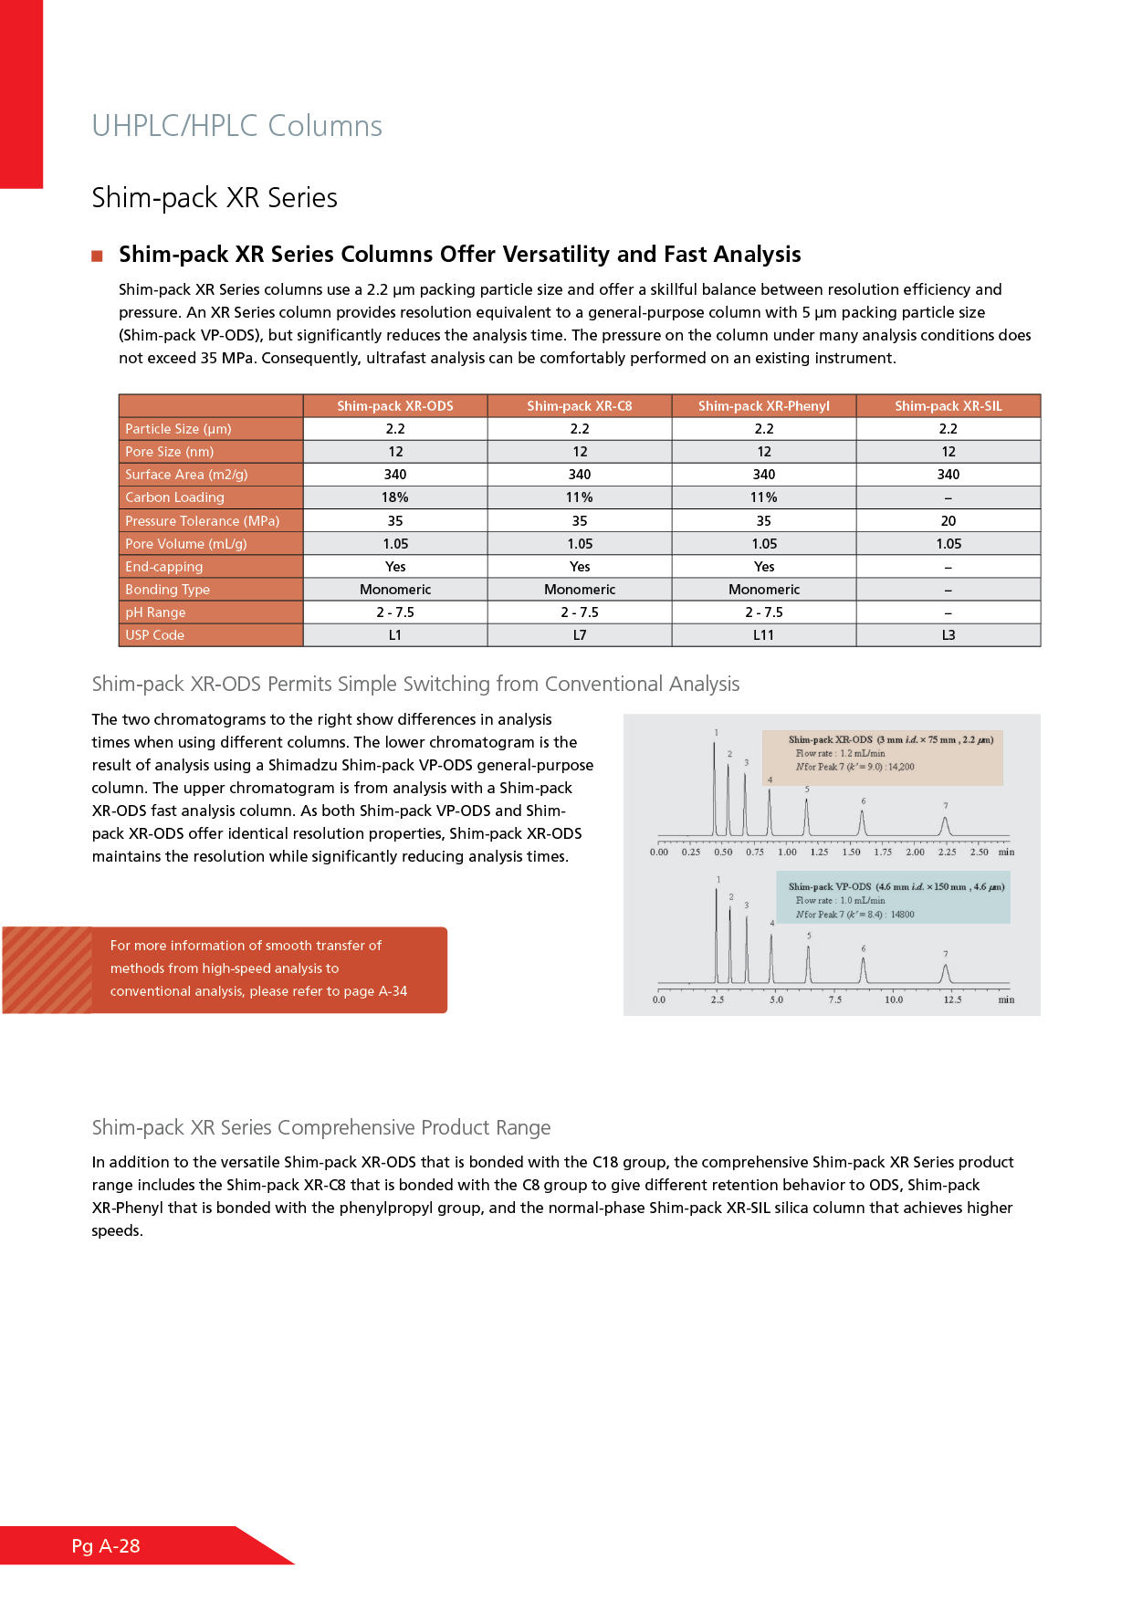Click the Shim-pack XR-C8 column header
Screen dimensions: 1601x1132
[579, 406]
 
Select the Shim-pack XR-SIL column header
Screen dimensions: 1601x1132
[948, 406]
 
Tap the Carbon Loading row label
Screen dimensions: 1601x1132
[174, 497]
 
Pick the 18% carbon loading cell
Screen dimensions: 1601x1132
[394, 497]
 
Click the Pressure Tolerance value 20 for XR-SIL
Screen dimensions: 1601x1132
[948, 521]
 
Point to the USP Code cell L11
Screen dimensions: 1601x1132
[763, 635]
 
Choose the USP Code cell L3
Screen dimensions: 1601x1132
[948, 635]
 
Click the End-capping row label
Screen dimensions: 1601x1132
[164, 567]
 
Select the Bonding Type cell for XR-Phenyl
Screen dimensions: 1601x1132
[763, 590]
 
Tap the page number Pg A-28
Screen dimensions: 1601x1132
[106, 1546]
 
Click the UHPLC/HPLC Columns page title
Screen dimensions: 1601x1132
[236, 126]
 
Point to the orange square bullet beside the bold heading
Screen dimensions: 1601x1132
[97, 256]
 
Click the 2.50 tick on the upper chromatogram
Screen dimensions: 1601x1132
[979, 852]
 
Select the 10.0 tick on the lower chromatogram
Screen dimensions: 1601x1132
[893, 999]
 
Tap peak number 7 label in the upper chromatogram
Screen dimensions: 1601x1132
[945, 806]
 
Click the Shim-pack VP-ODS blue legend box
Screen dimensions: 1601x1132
[893, 898]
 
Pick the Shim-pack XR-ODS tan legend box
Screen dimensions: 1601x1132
[882, 757]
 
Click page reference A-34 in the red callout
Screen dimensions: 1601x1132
[393, 991]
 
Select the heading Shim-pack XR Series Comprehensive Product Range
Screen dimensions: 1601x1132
[320, 1128]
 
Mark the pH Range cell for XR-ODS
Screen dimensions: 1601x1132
[394, 612]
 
